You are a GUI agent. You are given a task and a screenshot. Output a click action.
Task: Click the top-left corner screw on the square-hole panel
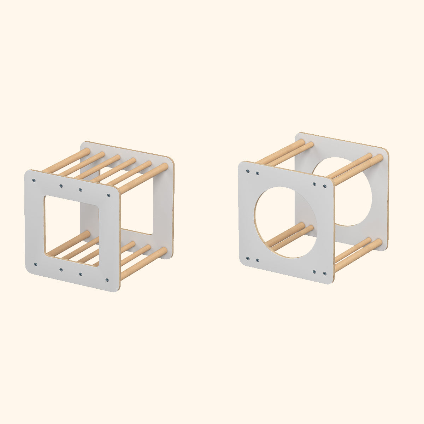click(x=34, y=181)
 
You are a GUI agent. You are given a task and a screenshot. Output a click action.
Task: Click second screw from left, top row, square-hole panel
click(x=61, y=186)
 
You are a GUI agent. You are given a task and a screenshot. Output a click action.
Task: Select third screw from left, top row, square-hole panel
click(x=81, y=190)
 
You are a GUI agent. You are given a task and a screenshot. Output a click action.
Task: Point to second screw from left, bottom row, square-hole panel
click(x=61, y=270)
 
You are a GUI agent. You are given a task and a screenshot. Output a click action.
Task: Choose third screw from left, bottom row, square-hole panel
click(x=81, y=274)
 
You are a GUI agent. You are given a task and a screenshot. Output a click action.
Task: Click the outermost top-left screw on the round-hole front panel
click(x=248, y=171)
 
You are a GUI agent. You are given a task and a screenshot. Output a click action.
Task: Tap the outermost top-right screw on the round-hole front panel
click(x=325, y=186)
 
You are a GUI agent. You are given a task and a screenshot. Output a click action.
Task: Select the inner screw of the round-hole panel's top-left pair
click(x=257, y=173)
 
